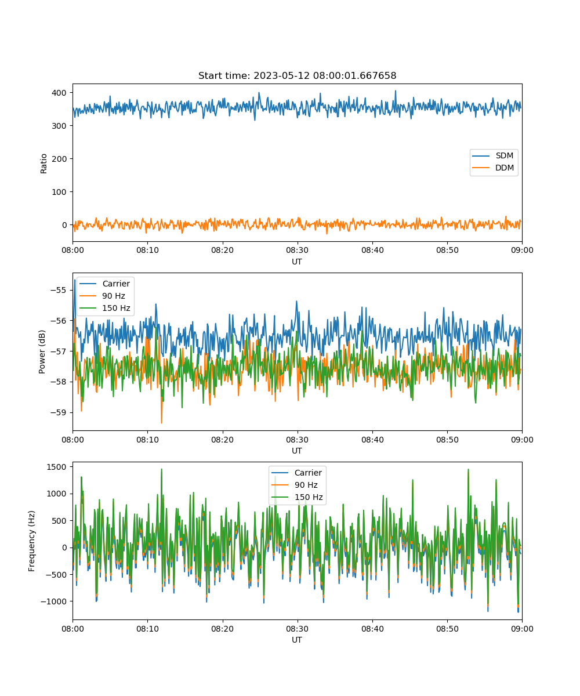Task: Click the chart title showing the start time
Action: [x=297, y=75]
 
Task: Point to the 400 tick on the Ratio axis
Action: [x=59, y=93]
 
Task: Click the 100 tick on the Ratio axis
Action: [x=59, y=192]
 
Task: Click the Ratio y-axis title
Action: [x=43, y=164]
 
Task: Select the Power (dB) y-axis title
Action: [x=42, y=351]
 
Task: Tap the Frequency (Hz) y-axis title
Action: [x=32, y=541]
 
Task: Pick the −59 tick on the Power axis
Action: [x=59, y=412]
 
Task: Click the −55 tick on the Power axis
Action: [x=59, y=290]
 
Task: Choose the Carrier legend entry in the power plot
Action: [x=104, y=284]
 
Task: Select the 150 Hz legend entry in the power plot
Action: [x=104, y=308]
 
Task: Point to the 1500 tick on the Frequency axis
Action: [x=57, y=467]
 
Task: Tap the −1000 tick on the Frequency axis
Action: [x=54, y=601]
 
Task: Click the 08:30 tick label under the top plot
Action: [x=298, y=250]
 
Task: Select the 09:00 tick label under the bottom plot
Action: [x=522, y=629]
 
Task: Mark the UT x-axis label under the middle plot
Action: [x=296, y=451]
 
